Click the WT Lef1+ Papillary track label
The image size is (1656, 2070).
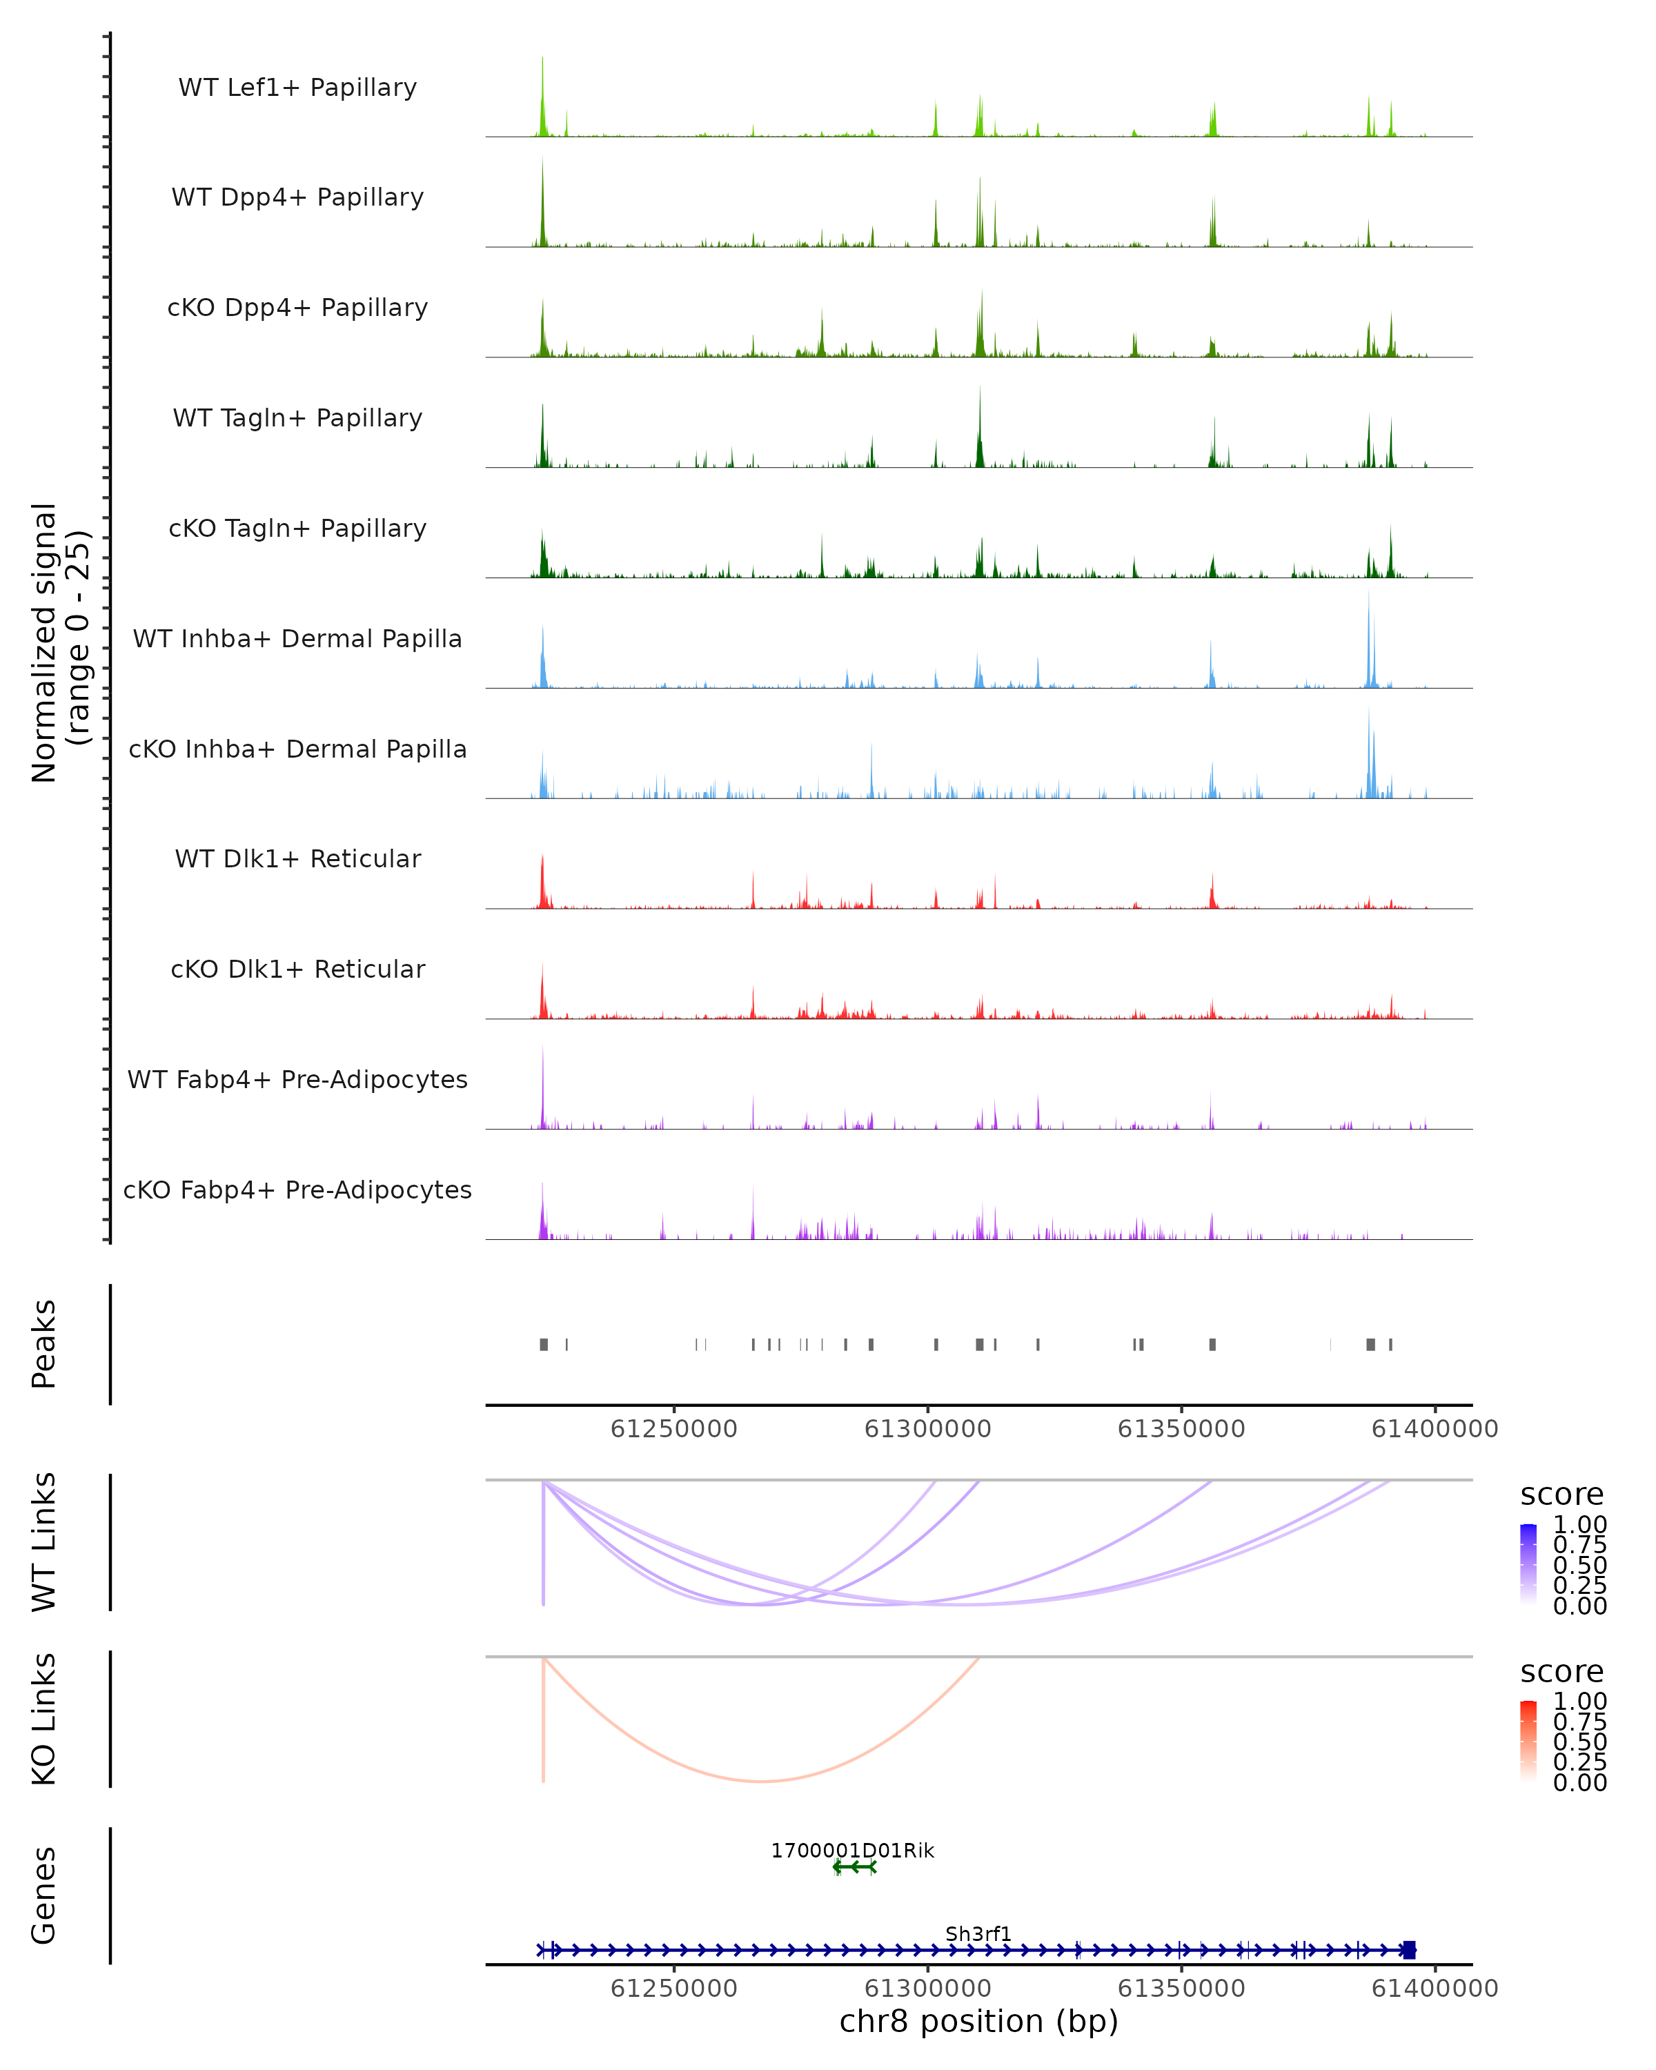coord(297,88)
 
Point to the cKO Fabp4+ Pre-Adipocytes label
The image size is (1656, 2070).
coord(297,1190)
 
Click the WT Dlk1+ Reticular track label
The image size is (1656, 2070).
coord(297,858)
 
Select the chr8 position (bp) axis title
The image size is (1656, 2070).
coord(978,2021)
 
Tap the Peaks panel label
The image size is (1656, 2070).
coord(44,1343)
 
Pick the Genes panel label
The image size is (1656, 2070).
coord(44,1895)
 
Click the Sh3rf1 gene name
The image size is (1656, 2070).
coord(978,1933)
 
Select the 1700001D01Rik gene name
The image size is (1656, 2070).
coord(852,1850)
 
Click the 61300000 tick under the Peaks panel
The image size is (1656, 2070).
coord(927,1429)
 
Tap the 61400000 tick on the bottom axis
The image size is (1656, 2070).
coord(1435,1989)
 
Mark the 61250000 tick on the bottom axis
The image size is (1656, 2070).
coord(674,1989)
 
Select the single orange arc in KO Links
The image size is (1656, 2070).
coord(761,1781)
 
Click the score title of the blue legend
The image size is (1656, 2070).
coord(1562,1494)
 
